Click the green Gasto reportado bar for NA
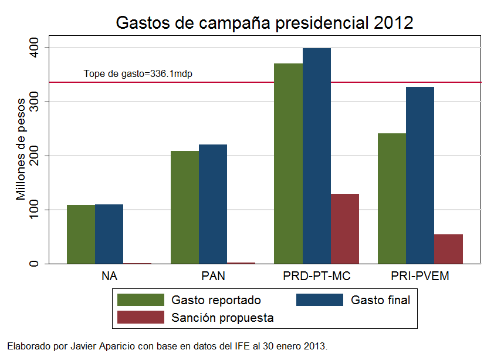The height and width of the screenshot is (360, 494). [x=81, y=234]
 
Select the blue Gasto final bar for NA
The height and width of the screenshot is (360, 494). [x=109, y=234]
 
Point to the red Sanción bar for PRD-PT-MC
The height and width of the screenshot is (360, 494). [x=345, y=228]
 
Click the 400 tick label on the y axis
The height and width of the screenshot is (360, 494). [x=34, y=48]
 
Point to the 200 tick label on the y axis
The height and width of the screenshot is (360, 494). [x=34, y=156]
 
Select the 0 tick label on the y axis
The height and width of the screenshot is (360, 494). [x=34, y=264]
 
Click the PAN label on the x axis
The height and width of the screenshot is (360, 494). [x=213, y=276]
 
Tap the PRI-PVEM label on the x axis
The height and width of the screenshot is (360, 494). [x=420, y=276]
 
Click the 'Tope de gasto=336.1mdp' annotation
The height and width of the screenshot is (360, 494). [x=138, y=74]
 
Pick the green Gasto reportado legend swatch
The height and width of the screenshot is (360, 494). [x=141, y=300]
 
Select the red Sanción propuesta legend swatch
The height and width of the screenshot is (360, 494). [x=141, y=318]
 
